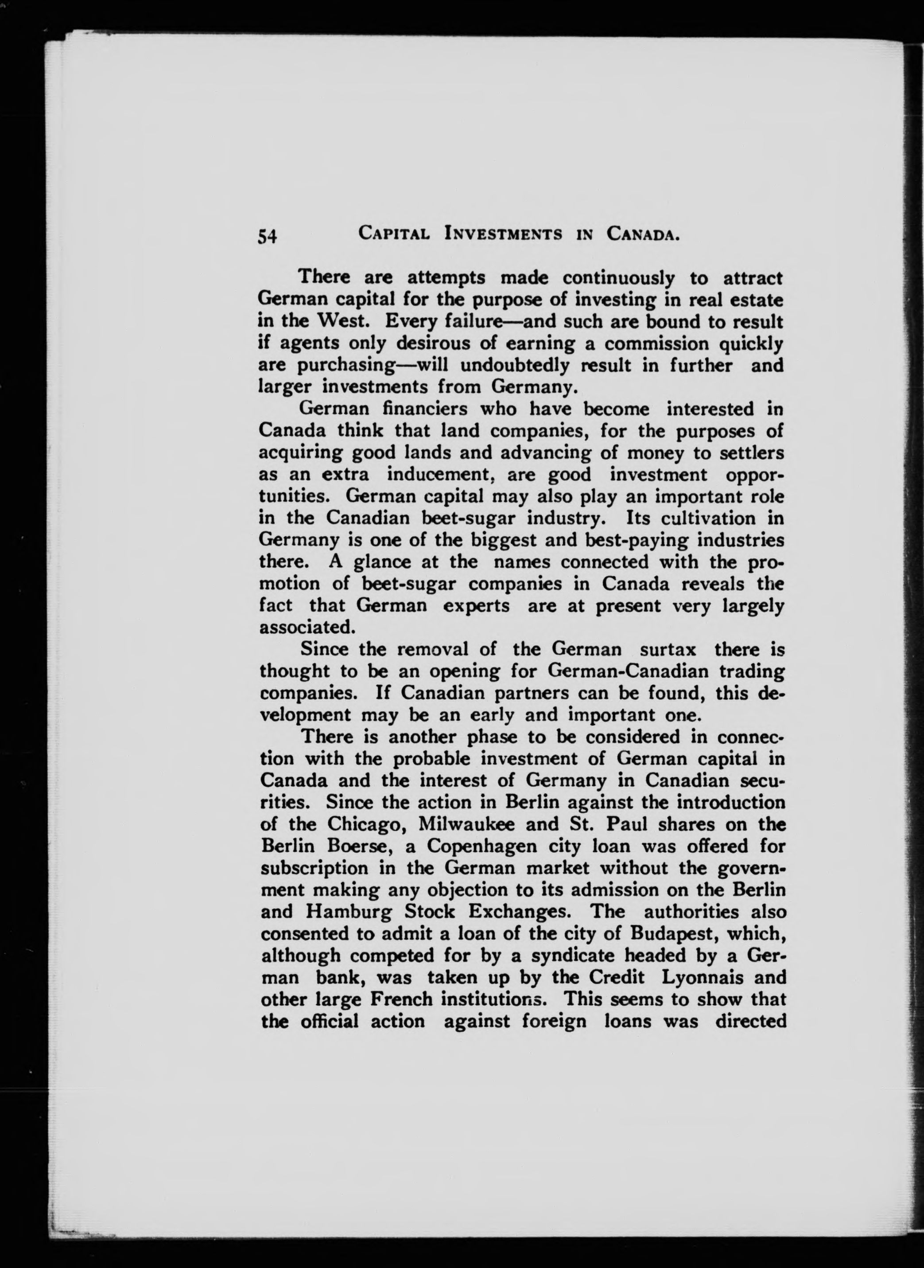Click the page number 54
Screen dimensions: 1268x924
(267, 236)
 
